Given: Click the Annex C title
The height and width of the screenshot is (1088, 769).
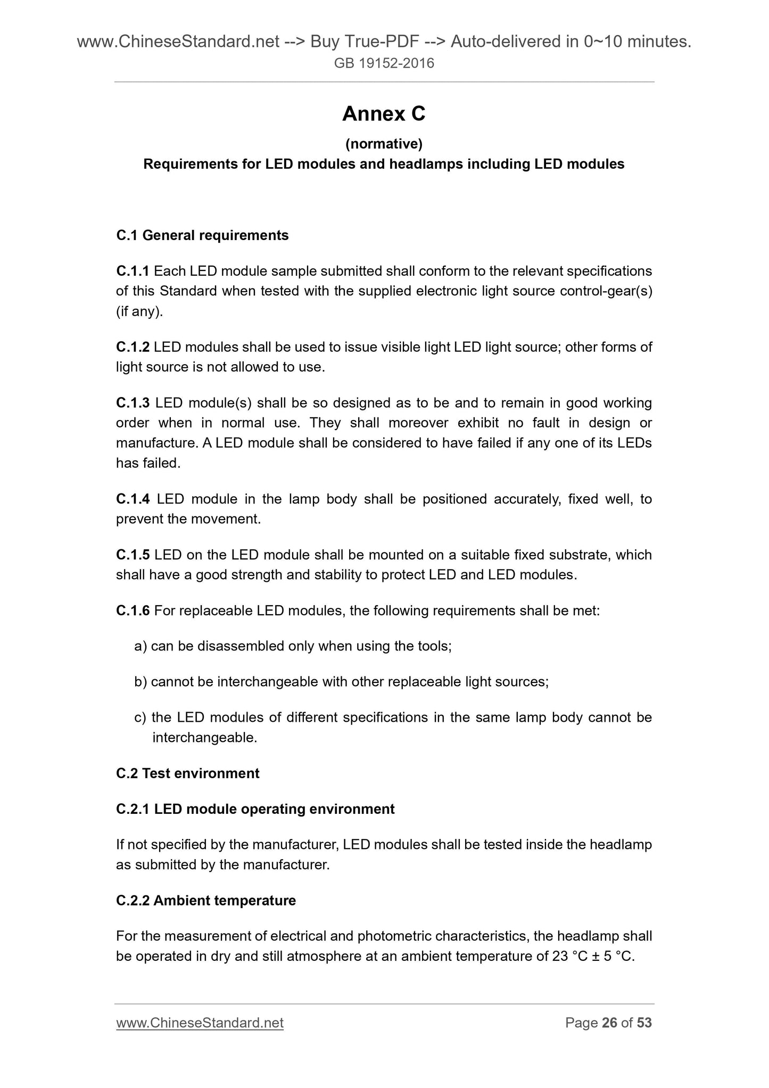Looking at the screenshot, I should [384, 114].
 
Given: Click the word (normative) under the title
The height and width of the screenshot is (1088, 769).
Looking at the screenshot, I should [384, 144].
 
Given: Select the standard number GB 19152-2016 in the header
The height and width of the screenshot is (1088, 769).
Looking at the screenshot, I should [384, 63].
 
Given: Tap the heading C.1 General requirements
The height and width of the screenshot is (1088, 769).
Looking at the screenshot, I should [202, 235].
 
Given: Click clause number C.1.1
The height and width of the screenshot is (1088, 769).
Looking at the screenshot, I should [133, 271].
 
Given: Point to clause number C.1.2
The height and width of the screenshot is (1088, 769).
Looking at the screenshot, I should [133, 347].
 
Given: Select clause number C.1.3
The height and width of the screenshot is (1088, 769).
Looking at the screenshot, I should [133, 403].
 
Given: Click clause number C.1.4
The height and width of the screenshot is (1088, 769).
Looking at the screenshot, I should [133, 499].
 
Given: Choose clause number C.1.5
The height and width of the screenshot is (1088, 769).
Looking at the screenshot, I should [133, 555].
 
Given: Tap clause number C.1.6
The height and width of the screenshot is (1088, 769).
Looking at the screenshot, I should [133, 611].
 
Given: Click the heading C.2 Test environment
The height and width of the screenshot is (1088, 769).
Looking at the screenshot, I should [188, 773].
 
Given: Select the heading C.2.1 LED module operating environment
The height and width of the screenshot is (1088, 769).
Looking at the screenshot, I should [255, 809].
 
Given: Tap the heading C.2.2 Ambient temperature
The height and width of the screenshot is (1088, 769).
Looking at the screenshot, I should [206, 901].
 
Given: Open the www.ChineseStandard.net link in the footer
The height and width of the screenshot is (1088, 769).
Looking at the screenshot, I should [200, 1023].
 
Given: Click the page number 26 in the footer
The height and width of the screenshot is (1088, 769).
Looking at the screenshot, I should [609, 1023].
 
